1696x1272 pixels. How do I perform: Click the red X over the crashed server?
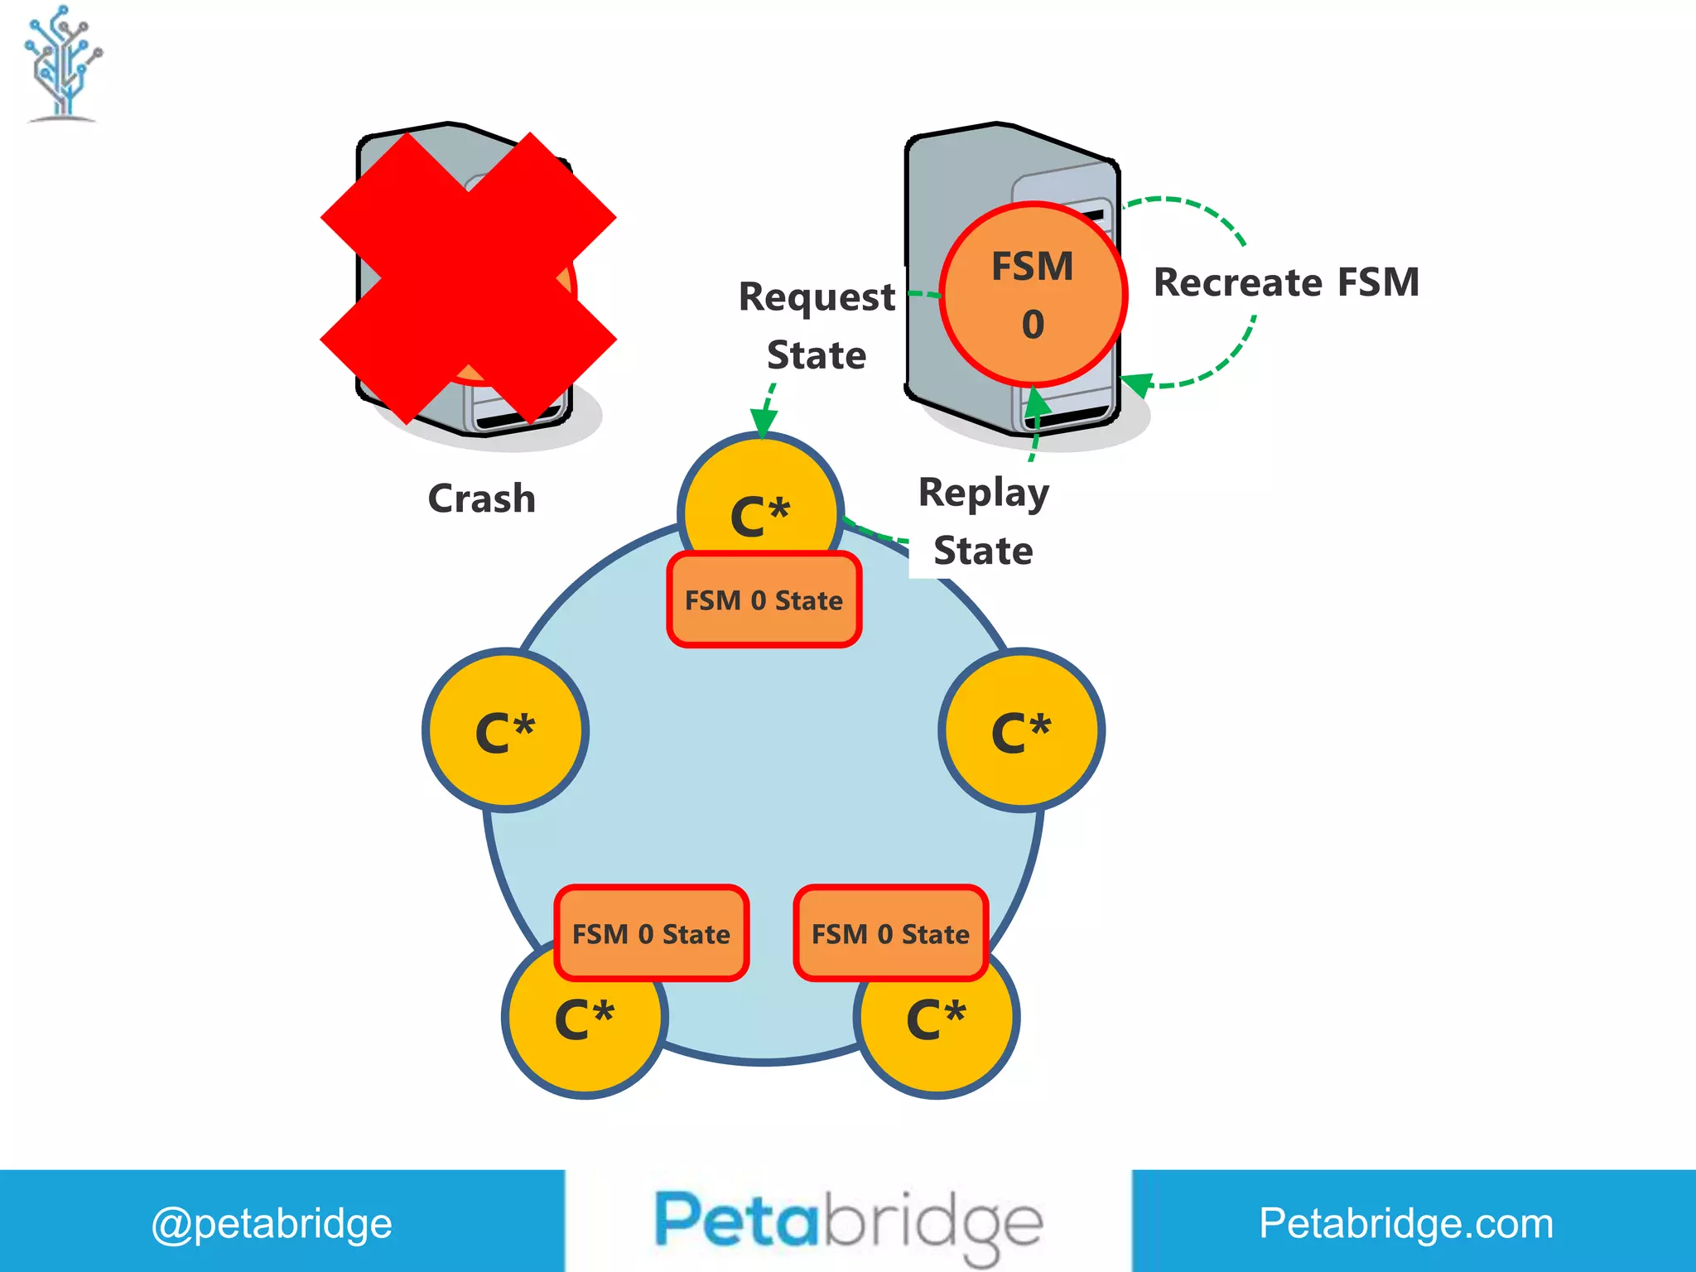tap(468, 277)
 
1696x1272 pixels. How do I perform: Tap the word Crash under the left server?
tap(481, 499)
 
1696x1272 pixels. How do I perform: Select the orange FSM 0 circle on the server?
tap(1033, 295)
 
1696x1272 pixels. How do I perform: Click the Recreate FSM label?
tap(1286, 282)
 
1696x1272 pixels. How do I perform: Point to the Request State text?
tap(817, 325)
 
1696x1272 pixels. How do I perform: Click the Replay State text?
tap(983, 522)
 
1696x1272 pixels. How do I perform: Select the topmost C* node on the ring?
tap(760, 505)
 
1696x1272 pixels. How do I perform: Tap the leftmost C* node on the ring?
tap(505, 730)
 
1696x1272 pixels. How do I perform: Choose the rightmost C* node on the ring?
tap(1021, 730)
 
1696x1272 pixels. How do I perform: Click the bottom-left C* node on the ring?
tap(584, 1027)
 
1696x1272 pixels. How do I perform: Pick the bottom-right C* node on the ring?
tap(936, 1027)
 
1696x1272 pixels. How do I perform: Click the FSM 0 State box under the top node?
tap(764, 600)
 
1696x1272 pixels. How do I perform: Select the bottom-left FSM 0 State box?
tap(651, 934)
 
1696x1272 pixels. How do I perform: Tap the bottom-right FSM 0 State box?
tap(890, 934)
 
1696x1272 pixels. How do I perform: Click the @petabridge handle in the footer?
tap(272, 1223)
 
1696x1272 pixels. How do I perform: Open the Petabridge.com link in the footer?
tap(1406, 1223)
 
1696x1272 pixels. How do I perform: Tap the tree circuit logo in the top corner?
tap(63, 63)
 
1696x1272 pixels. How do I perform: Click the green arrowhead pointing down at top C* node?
tap(763, 423)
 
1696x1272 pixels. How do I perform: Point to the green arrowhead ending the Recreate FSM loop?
tap(1137, 383)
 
